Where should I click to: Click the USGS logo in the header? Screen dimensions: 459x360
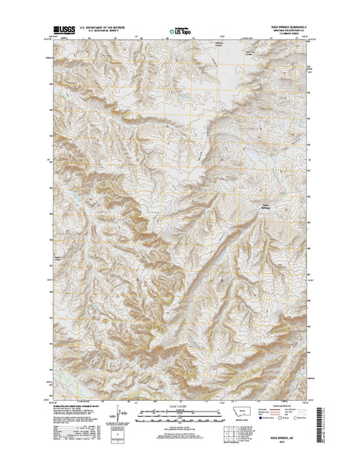coord(60,31)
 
